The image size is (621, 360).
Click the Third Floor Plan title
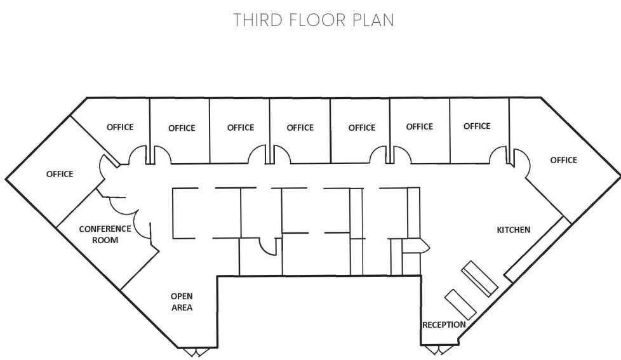coord(314,20)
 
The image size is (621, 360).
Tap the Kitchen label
coord(513,229)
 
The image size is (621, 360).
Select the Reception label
coord(444,324)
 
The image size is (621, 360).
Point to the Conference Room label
coord(105,234)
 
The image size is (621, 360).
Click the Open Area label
coord(182,302)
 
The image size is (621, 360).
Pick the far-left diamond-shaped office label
coord(60,174)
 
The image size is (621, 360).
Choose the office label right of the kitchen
coord(563,160)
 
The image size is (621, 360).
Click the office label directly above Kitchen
coord(477,126)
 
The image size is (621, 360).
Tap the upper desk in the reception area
coord(479,277)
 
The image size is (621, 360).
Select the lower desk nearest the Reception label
coord(461,303)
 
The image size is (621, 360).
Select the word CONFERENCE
coord(105,229)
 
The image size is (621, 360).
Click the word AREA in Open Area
coord(182,307)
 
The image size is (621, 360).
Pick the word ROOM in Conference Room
coord(105,240)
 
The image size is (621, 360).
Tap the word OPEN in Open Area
coord(182,296)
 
